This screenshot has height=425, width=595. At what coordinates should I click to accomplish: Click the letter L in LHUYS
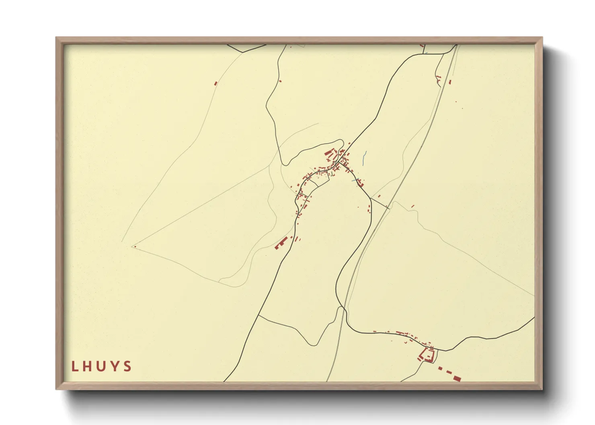tap(74, 366)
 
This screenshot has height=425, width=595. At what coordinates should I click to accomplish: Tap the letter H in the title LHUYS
tap(88, 366)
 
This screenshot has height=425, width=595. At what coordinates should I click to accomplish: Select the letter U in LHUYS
tap(101, 366)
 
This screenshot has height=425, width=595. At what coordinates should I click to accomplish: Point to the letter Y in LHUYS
tap(115, 366)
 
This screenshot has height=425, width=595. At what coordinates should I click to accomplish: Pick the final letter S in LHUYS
tap(128, 366)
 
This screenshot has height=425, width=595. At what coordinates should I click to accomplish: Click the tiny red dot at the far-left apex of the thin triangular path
tap(135, 247)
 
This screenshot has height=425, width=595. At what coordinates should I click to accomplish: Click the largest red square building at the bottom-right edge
tap(456, 378)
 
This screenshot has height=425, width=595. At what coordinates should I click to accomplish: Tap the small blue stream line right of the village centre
tap(364, 157)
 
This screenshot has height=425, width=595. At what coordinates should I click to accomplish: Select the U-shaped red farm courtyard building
tap(427, 355)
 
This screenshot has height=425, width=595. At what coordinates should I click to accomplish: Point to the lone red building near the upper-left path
tap(215, 84)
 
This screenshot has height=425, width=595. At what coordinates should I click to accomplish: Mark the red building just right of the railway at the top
tap(450, 82)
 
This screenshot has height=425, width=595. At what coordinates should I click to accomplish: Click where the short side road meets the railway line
tap(388, 208)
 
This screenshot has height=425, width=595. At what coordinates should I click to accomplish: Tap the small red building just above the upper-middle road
tap(280, 81)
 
